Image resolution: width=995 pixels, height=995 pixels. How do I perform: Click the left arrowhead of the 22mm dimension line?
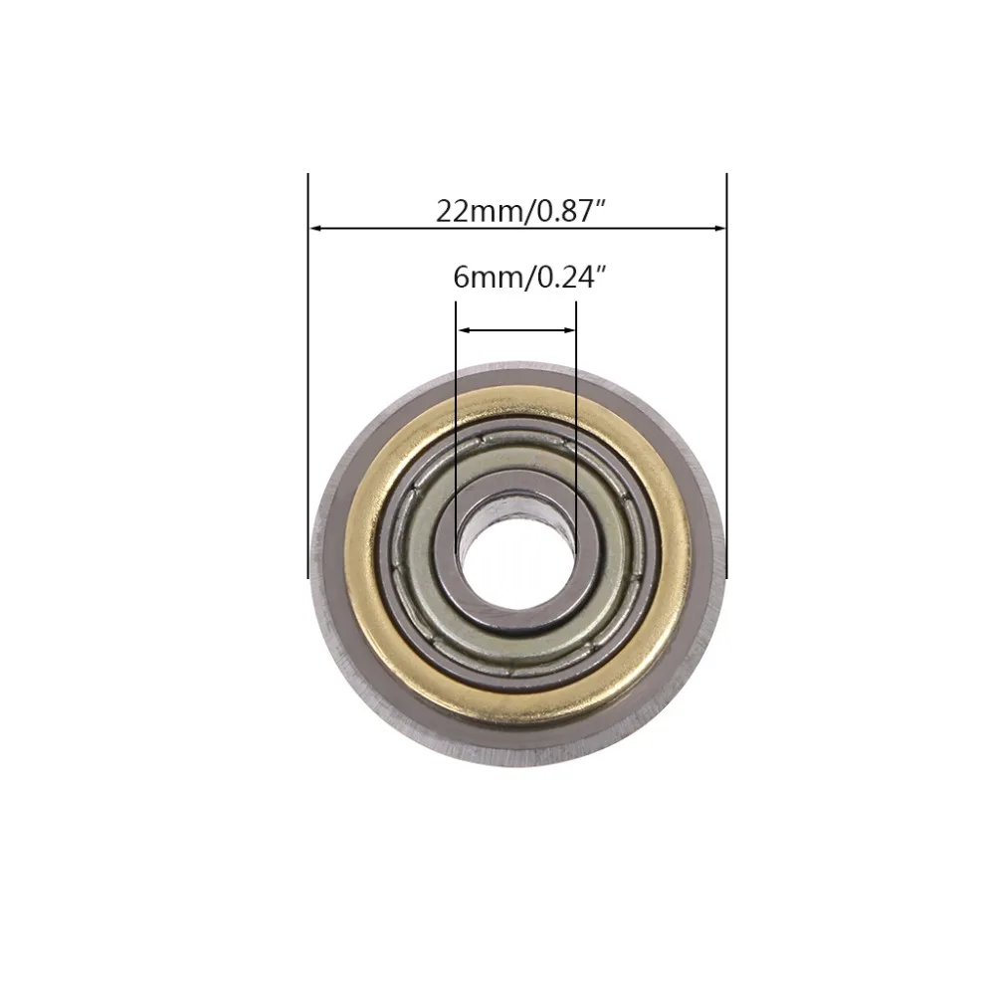pyautogui.click(x=315, y=229)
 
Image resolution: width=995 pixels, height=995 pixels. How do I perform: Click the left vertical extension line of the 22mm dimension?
pyautogui.click(x=308, y=398)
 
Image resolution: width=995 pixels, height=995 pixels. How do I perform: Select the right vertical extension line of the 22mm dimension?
pyautogui.click(x=726, y=398)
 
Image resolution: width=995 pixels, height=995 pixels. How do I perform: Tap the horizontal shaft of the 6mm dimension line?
pyautogui.click(x=515, y=330)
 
